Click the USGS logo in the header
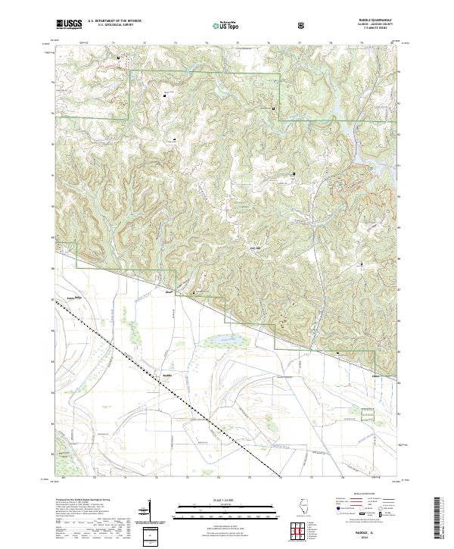click(x=69, y=24)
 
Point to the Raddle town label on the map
click(x=168, y=374)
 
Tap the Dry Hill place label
click(x=255, y=248)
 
